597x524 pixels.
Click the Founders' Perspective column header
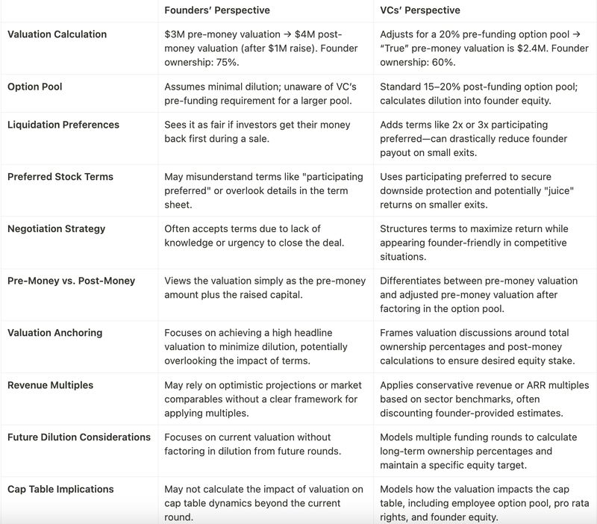[216, 10]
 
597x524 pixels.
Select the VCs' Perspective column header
[420, 10]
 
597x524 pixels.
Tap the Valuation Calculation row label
[57, 34]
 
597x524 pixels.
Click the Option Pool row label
[34, 87]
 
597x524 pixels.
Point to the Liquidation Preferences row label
[63, 124]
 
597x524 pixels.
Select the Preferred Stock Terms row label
[60, 177]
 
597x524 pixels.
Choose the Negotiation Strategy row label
[56, 228]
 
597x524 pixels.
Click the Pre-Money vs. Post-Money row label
[71, 281]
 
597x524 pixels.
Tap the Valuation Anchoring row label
[54, 333]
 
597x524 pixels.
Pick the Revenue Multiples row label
[51, 385]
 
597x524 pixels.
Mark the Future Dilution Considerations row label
[78, 437]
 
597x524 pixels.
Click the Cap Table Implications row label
[60, 489]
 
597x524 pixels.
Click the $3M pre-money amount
[174, 34]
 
